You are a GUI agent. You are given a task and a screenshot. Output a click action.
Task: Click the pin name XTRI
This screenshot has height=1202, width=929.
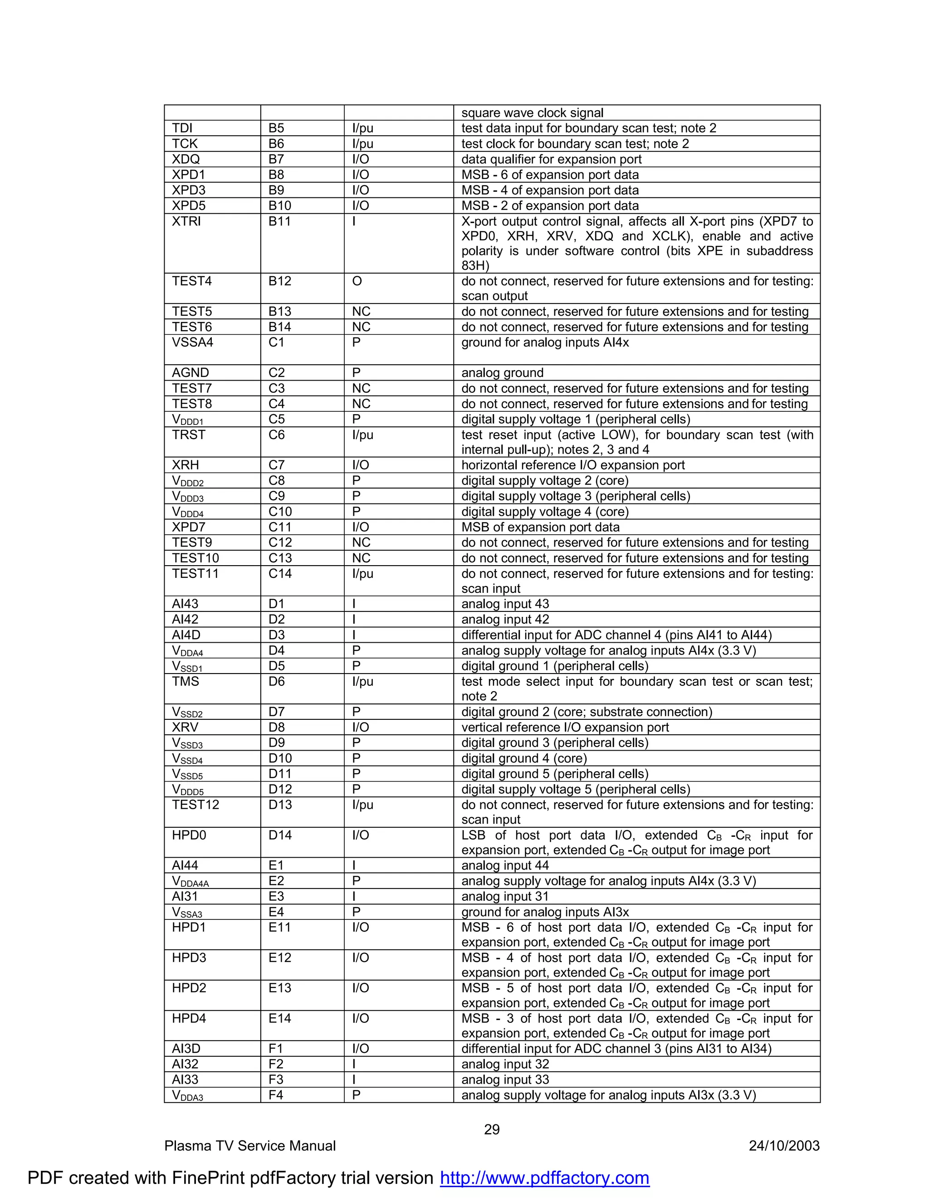pos(186,221)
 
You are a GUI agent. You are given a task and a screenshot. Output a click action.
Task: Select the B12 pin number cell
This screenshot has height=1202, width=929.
pos(279,281)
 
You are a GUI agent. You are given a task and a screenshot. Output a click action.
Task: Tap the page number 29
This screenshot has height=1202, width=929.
pos(491,1129)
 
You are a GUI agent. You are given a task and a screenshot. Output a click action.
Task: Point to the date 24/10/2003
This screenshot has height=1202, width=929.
pos(784,1146)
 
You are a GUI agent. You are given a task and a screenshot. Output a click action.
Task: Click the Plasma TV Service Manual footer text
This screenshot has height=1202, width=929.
pos(250,1146)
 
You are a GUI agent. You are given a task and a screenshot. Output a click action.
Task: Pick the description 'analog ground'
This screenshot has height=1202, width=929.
pos(502,372)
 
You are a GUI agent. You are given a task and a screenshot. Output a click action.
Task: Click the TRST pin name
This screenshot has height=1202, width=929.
pos(188,435)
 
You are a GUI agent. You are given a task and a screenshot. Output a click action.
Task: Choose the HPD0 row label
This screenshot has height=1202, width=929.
pos(189,835)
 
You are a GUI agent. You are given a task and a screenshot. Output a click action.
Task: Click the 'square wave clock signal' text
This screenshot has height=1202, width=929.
pos(532,113)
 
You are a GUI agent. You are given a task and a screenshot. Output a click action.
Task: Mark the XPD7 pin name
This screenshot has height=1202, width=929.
pos(188,527)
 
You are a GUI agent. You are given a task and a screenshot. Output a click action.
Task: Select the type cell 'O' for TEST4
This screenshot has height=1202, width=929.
pos(357,281)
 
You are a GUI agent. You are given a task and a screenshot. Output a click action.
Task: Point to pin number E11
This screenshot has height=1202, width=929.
pos(279,928)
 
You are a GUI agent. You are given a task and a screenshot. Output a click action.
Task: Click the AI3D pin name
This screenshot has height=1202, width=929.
pos(186,1048)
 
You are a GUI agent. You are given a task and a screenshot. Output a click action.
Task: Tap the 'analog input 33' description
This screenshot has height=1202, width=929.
pos(505,1079)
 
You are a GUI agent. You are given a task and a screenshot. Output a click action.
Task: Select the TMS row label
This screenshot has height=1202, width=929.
pos(186,681)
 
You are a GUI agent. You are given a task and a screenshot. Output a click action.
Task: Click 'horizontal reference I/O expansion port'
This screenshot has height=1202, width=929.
pos(573,465)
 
